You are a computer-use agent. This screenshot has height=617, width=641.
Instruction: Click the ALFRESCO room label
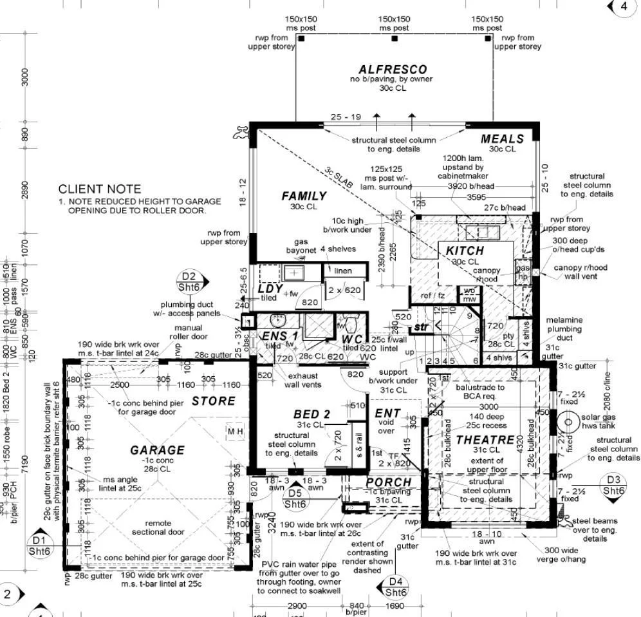click(x=393, y=70)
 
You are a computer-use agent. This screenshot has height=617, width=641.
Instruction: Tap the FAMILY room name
click(x=304, y=196)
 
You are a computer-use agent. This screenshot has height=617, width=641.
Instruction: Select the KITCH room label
click(x=465, y=251)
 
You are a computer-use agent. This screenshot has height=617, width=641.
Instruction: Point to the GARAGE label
click(x=157, y=450)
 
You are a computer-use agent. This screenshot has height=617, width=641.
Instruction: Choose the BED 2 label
click(x=311, y=414)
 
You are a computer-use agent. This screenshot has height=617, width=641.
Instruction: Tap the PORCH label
click(x=388, y=482)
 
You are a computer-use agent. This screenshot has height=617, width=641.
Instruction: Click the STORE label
click(x=214, y=401)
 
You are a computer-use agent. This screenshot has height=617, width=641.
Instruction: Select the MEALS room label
click(x=502, y=138)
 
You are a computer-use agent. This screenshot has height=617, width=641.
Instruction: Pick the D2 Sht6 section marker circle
click(x=189, y=281)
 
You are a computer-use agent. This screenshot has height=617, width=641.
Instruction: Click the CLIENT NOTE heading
click(x=99, y=189)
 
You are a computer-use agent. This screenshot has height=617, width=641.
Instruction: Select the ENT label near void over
click(x=387, y=413)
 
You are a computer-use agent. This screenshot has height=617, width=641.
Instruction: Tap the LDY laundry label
click(x=270, y=289)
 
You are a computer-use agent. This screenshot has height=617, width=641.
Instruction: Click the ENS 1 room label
click(x=280, y=336)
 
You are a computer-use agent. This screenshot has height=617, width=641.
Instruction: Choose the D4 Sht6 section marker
click(x=396, y=587)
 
